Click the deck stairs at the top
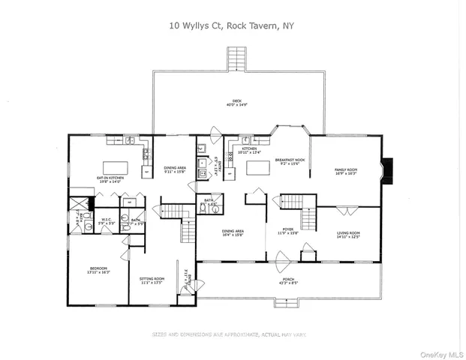237,59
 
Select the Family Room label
346,172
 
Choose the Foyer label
290,232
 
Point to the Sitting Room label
152,280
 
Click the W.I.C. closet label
107,221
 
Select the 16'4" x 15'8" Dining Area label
233,233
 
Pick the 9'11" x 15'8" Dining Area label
176,169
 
